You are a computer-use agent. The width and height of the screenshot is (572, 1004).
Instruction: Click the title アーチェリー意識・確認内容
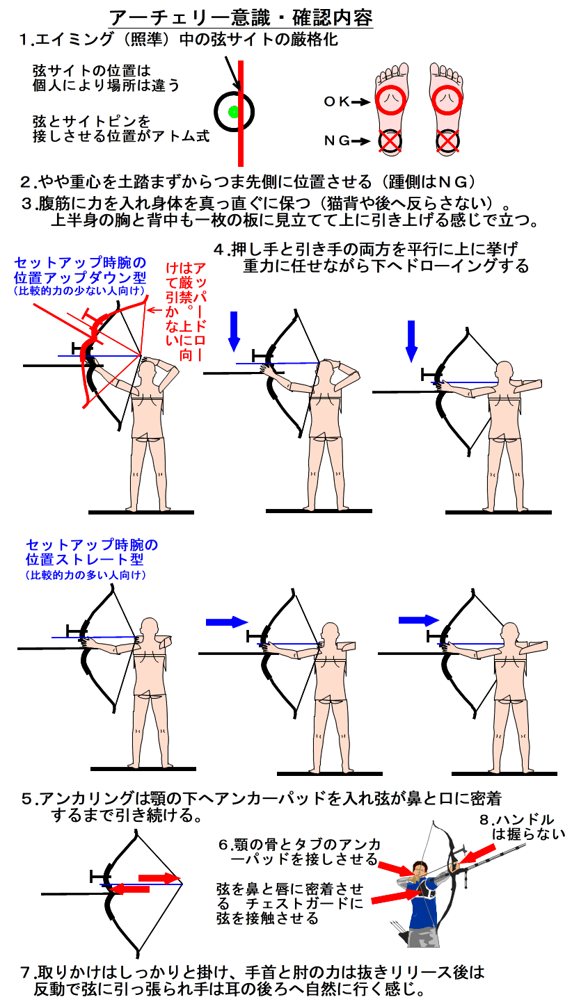tap(241, 18)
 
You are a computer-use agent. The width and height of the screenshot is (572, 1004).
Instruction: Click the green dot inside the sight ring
tap(233, 112)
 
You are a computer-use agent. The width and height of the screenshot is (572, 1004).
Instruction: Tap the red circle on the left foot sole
tap(391, 100)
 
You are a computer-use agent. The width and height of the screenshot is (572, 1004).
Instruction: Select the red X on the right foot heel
tap(447, 141)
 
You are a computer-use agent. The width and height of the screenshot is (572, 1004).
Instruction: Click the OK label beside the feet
tap(337, 102)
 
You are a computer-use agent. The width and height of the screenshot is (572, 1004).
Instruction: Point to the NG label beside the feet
tap(337, 140)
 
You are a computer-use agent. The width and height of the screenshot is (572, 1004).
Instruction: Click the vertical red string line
tap(241, 113)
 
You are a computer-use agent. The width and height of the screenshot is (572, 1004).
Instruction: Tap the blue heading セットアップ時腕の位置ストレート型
tap(92, 552)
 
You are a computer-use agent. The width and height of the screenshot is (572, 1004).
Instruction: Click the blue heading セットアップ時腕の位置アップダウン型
tap(80, 270)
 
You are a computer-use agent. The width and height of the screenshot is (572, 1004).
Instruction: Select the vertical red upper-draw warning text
tap(186, 311)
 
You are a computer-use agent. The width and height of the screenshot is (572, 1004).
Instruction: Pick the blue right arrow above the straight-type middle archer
tap(227, 622)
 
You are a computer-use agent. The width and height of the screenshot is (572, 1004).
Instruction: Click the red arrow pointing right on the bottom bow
tap(159, 878)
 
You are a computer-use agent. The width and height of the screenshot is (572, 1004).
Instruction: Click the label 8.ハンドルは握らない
tap(522, 827)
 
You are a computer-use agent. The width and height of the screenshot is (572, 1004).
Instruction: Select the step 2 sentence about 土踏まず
tap(248, 182)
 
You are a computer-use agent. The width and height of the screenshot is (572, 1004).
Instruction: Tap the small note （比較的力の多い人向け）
tap(86, 575)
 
